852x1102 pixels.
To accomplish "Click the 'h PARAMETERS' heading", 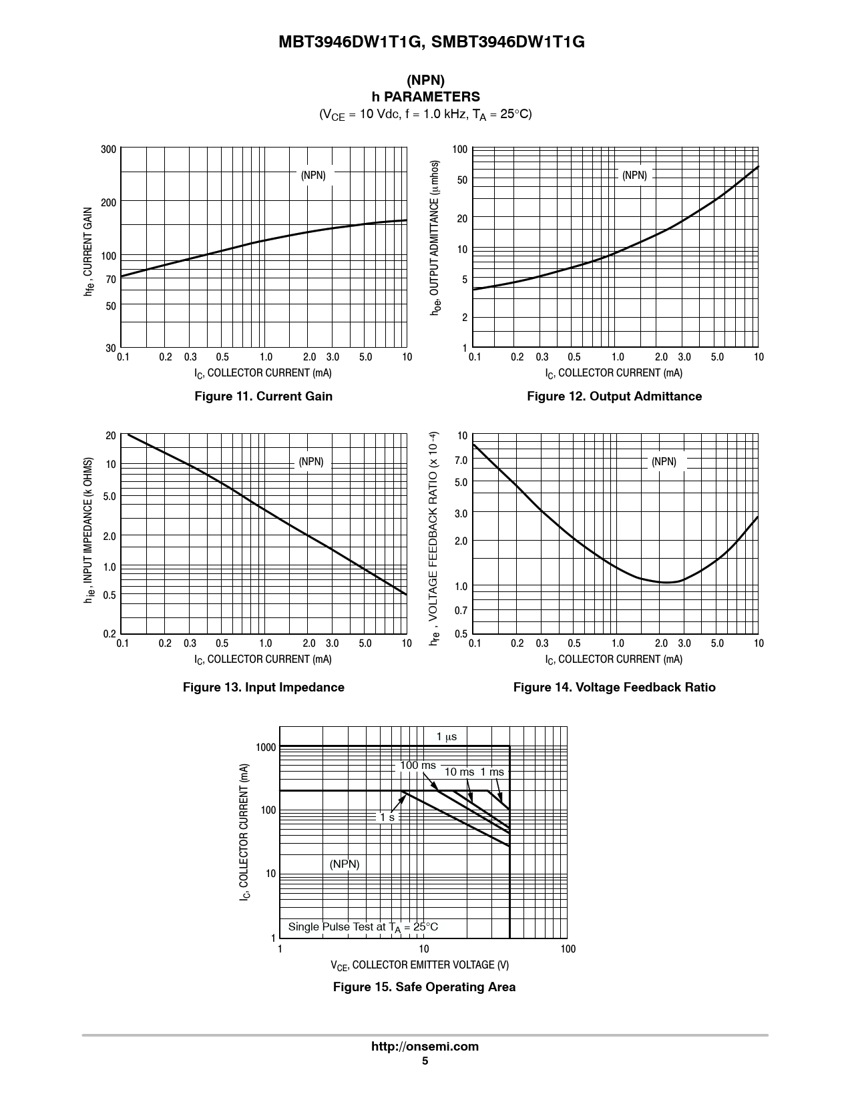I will pyautogui.click(x=425, y=97).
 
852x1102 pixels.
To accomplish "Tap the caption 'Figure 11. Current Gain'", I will pyautogui.click(x=263, y=396).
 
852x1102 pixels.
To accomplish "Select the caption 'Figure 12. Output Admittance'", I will pyautogui.click(x=614, y=396).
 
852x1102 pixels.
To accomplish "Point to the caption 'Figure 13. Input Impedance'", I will pyautogui.click(x=263, y=687).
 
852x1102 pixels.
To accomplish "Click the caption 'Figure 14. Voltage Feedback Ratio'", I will pyautogui.click(x=614, y=687).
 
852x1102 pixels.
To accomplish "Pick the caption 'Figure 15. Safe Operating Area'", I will pyautogui.click(x=424, y=987).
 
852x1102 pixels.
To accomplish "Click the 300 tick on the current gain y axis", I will pyautogui.click(x=108, y=150).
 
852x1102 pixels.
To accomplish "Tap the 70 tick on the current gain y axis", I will pyautogui.click(x=111, y=280).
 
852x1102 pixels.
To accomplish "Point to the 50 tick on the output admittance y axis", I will pyautogui.click(x=461, y=180).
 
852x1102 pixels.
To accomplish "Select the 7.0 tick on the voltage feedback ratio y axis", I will pyautogui.click(x=461, y=461).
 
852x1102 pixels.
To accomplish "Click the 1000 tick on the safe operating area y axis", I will pyautogui.click(x=266, y=748).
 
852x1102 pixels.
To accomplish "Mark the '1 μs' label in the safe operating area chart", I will pyautogui.click(x=447, y=737).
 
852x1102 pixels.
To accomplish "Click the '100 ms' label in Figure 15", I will pyautogui.click(x=417, y=766).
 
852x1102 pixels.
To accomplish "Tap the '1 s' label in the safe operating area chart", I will pyautogui.click(x=387, y=817).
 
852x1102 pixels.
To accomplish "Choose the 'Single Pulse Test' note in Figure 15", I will pyautogui.click(x=363, y=927).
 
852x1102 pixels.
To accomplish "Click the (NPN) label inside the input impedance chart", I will pyautogui.click(x=311, y=462).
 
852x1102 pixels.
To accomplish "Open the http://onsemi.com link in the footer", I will pyautogui.click(x=425, y=1047).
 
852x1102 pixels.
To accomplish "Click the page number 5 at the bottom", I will pyautogui.click(x=425, y=1061).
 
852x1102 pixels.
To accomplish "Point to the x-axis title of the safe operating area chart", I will pyautogui.click(x=419, y=965).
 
